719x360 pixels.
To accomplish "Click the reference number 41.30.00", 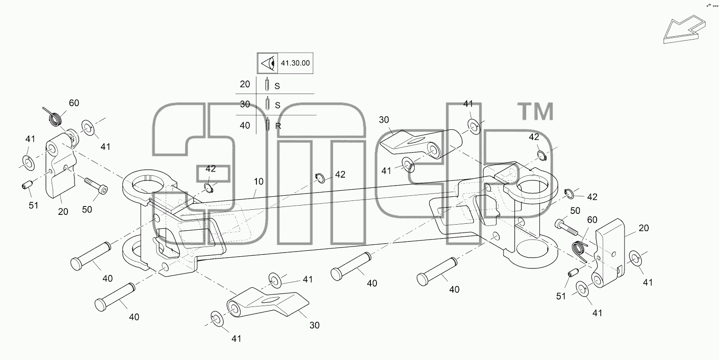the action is (x=296, y=63).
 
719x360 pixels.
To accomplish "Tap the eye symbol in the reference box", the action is (x=268, y=63).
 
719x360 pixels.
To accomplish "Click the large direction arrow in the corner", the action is (x=684, y=29).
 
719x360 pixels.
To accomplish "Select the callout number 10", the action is (x=258, y=181).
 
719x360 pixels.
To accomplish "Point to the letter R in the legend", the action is (x=278, y=126).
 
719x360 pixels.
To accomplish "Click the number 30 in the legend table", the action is (x=245, y=104).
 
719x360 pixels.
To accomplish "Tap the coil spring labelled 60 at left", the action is (x=55, y=117).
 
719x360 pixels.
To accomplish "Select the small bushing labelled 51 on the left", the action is (x=27, y=185).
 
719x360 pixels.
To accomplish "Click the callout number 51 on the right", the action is (x=561, y=296).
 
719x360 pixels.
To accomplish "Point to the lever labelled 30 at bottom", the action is (x=268, y=302).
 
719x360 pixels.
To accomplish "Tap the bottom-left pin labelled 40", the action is (x=115, y=297).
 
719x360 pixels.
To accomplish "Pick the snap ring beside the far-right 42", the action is (x=569, y=193).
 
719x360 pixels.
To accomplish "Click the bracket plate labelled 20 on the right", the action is (x=608, y=253).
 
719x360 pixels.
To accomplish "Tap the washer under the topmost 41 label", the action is (x=474, y=127).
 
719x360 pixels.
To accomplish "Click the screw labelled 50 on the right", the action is (x=566, y=227).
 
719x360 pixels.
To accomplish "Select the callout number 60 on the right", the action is (x=592, y=220).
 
